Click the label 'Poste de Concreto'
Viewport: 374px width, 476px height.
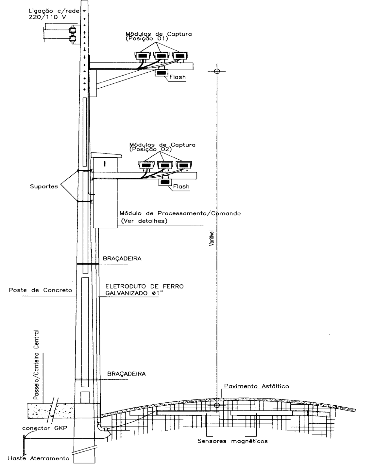pyautogui.click(x=41, y=290)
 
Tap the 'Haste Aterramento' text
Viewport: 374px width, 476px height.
pyautogui.click(x=39, y=458)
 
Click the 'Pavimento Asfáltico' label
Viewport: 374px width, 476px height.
pyautogui.click(x=257, y=386)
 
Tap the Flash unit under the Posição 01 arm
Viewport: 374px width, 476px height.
pyautogui.click(x=161, y=72)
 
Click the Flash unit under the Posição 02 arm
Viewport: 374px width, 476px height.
pyautogui.click(x=165, y=182)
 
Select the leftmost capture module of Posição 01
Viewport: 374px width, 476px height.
pyautogui.click(x=143, y=55)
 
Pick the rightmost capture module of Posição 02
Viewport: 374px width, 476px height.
pyautogui.click(x=184, y=165)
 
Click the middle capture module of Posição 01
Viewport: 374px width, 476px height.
pyautogui.click(x=161, y=55)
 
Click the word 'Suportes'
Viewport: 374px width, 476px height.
pyautogui.click(x=44, y=186)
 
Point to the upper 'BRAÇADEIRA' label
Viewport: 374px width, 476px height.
pyautogui.click(x=122, y=258)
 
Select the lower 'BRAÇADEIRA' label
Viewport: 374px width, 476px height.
pyautogui.click(x=127, y=374)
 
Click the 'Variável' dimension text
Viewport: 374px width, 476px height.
pyautogui.click(x=212, y=238)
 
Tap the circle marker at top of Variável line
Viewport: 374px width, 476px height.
pyautogui.click(x=217, y=71)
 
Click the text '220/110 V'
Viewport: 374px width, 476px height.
pyautogui.click(x=47, y=17)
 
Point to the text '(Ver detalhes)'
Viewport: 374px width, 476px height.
pyautogui.click(x=144, y=221)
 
